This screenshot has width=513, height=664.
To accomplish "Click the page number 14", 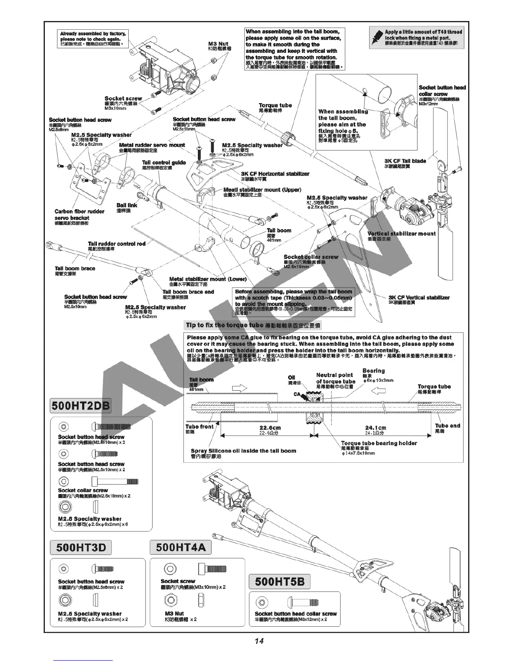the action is (259, 641).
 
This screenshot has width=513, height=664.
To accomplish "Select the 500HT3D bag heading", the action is (81, 547).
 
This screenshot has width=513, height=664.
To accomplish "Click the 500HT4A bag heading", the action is (181, 547).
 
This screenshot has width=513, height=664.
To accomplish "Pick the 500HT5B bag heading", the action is (280, 581).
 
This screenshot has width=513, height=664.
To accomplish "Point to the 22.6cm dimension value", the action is (270, 428).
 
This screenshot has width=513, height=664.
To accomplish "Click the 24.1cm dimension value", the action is (376, 428).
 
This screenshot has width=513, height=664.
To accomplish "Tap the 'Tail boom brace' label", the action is (75, 269).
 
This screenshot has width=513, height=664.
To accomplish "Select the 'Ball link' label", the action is (127, 205).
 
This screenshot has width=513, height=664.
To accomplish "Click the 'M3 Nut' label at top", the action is (218, 44).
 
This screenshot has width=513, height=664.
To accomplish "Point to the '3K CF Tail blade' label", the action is (405, 161).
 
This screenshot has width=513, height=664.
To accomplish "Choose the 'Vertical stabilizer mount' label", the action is (402, 233).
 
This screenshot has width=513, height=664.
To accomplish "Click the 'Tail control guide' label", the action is (163, 163).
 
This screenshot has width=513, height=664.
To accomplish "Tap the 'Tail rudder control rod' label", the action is (117, 244).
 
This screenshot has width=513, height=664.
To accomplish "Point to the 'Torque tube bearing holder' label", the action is (379, 443).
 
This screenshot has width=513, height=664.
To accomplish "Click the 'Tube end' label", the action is (447, 426).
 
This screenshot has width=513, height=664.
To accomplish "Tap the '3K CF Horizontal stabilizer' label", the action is (275, 174).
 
